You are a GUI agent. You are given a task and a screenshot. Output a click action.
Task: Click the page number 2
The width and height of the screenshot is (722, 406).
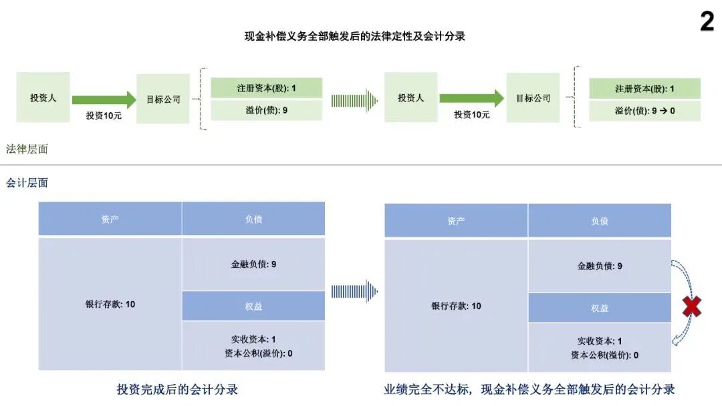click(707, 21)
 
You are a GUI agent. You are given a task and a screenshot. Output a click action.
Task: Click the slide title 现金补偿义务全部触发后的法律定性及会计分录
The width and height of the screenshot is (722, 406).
click(354, 37)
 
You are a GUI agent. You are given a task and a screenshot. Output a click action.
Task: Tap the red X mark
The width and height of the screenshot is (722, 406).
click(692, 307)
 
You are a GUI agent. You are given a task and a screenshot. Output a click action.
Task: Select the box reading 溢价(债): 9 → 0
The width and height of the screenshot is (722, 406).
click(644, 111)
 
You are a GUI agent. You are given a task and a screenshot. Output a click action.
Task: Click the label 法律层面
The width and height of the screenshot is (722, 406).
click(27, 149)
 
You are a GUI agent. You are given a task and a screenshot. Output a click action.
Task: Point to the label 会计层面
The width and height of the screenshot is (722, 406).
click(27, 182)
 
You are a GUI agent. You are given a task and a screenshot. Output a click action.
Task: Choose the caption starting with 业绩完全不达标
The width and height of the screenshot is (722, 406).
click(529, 389)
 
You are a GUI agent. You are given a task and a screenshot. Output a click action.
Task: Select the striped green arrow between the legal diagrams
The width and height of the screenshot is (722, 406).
click(354, 100)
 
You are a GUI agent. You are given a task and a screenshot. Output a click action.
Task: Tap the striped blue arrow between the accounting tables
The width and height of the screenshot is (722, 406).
click(354, 291)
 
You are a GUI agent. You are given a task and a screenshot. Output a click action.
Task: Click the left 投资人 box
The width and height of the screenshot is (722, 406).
click(43, 97)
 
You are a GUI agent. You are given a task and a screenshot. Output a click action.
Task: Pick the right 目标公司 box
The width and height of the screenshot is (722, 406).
click(533, 97)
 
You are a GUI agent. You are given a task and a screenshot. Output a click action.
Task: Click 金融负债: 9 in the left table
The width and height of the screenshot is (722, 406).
click(253, 264)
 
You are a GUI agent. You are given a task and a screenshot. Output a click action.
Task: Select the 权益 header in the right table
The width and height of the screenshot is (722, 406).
click(599, 308)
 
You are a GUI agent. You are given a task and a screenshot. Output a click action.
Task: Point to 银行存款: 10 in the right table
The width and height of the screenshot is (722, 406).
click(456, 306)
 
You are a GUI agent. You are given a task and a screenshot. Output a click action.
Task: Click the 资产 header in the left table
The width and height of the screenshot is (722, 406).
click(110, 219)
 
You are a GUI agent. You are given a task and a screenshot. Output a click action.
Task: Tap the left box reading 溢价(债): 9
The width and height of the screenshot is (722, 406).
click(266, 110)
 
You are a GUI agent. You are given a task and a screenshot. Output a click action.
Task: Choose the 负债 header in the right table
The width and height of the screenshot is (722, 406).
click(599, 220)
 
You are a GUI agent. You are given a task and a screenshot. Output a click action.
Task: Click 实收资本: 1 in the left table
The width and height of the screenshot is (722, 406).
click(255, 339)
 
